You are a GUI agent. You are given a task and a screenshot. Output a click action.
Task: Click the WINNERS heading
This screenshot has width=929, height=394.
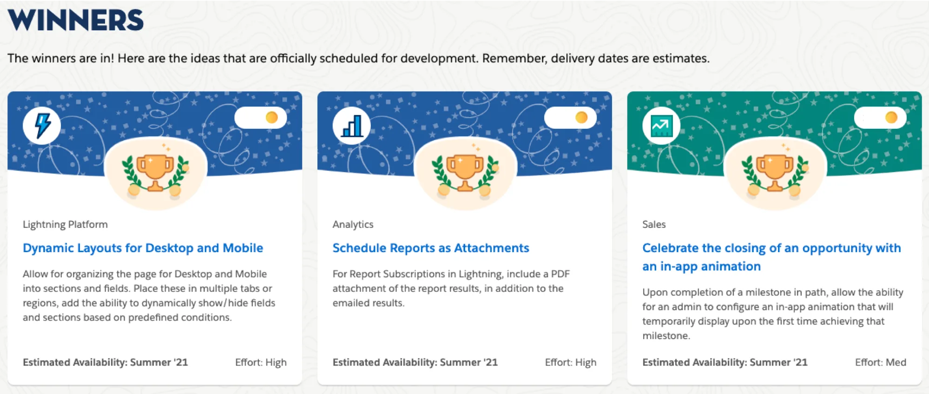click(75, 20)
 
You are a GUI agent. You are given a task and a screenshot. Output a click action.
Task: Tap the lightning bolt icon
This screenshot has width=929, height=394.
click(42, 126)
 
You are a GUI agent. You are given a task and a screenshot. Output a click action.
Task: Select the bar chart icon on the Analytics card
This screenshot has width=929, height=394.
click(352, 126)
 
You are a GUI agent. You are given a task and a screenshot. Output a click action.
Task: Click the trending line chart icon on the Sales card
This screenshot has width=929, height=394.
click(661, 126)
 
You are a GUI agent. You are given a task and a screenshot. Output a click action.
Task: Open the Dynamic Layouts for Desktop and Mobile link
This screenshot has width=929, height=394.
click(143, 248)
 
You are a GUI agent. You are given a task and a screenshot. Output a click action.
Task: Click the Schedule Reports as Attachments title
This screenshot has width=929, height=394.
click(430, 248)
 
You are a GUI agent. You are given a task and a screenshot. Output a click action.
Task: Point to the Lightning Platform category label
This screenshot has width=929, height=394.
click(65, 224)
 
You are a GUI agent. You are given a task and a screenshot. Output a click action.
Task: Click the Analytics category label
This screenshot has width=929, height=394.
click(353, 224)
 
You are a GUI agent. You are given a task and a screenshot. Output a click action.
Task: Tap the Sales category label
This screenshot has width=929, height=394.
click(654, 224)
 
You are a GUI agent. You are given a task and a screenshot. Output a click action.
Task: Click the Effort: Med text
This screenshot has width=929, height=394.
click(880, 362)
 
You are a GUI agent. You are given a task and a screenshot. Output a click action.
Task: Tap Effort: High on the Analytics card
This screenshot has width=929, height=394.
click(570, 362)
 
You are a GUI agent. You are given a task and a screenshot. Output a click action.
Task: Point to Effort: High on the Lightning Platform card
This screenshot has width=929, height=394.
click(261, 362)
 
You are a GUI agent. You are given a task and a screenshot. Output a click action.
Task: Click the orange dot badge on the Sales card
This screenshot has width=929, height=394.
click(891, 118)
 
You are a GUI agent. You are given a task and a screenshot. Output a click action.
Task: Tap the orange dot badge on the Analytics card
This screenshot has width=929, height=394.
click(581, 118)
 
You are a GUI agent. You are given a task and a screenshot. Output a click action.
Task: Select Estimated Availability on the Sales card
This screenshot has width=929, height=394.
click(725, 362)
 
